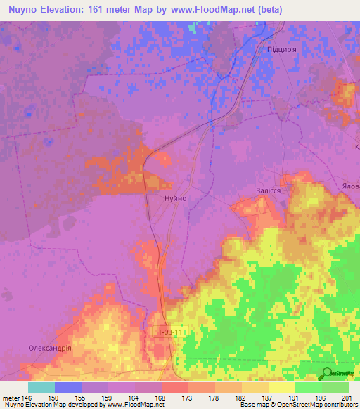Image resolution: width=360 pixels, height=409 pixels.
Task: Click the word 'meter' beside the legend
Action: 10,398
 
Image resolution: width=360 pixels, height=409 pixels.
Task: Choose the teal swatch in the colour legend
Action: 41,387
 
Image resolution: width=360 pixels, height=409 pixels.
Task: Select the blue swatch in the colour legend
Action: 68,387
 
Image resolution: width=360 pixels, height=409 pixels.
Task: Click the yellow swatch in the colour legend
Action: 281,387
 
